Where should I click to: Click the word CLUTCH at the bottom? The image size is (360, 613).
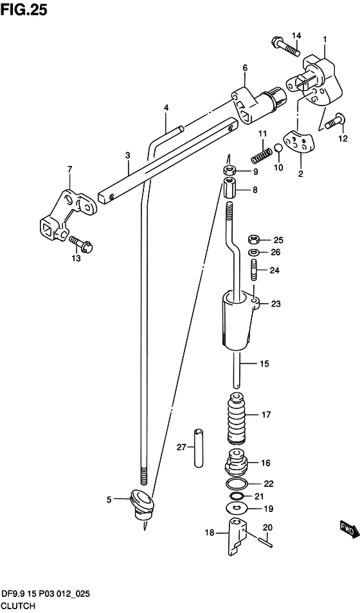coord(18,605)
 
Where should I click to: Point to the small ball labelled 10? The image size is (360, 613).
coord(278,148)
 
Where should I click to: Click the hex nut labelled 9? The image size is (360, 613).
coord(229,170)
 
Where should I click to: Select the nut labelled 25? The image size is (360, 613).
coord(253,239)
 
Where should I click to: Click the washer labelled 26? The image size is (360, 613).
coord(253,252)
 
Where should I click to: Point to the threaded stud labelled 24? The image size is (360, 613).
coord(253,270)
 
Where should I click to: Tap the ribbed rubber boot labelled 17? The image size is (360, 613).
coord(237,418)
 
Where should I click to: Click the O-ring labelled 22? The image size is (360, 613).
coord(237,484)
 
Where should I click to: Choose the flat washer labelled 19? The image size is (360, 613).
coord(237,509)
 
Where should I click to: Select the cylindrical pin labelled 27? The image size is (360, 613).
coord(199,448)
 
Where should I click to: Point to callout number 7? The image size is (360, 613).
coord(69,169)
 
